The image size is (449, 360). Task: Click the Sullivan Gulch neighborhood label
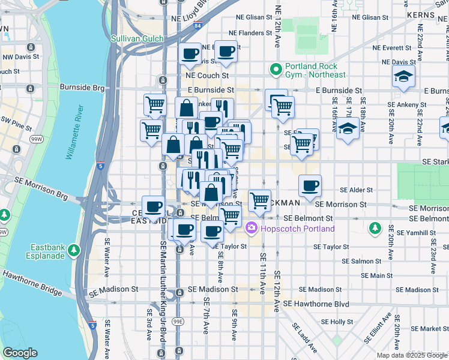[x=137, y=38]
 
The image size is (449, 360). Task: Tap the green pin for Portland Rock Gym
[x=276, y=70]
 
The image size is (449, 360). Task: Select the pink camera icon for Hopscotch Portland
[x=251, y=228]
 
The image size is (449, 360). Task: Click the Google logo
[x=20, y=353]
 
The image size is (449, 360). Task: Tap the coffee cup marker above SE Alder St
[x=309, y=186]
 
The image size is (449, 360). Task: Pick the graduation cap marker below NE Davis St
[x=403, y=76]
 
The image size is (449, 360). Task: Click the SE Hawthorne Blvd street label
[x=316, y=304]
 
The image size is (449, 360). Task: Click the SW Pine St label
[x=16, y=127]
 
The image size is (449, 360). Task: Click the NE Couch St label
[x=208, y=76]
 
